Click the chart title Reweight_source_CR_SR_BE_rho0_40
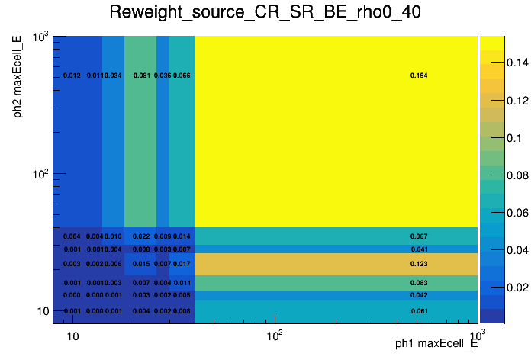pos(265,13)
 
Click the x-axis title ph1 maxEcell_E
pos(436,344)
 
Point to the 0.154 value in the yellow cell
pos(419,76)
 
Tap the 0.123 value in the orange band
pos(419,264)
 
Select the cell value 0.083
pos(419,283)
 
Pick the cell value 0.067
pos(419,236)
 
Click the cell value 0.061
pos(419,311)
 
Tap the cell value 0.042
pos(419,295)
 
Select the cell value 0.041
pos(419,249)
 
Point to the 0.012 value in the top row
pos(72,76)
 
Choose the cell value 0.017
pos(182,264)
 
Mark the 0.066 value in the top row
pos(182,76)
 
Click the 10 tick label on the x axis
pos(72,335)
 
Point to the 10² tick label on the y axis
pos(42,175)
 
